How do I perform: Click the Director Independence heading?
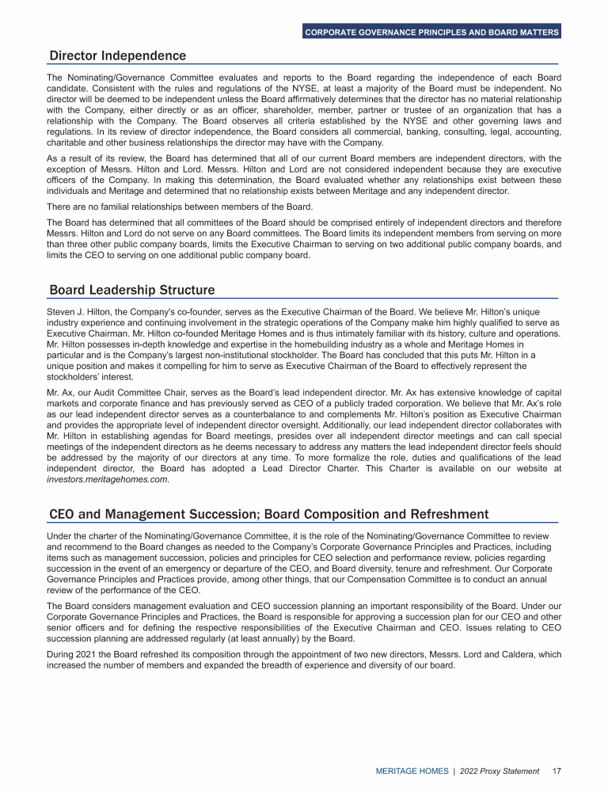click(117, 55)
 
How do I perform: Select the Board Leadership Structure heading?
click(131, 290)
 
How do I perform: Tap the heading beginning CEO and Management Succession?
click(268, 514)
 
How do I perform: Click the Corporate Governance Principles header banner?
click(431, 32)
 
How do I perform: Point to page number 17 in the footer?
click(557, 771)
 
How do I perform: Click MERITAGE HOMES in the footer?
click(411, 771)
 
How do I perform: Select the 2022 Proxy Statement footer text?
click(500, 771)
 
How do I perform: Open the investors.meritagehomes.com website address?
click(108, 479)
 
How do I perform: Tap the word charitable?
click(66, 143)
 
